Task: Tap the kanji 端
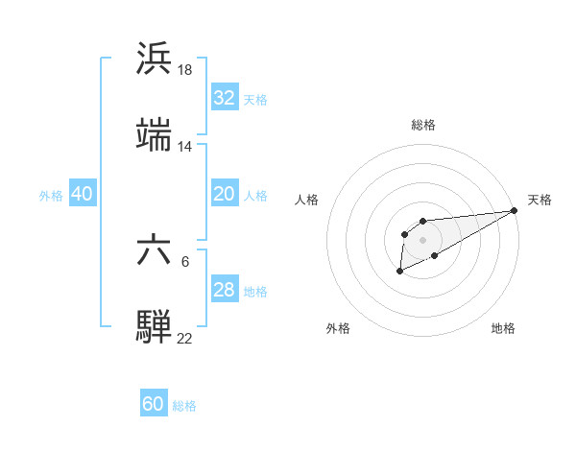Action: coord(155,136)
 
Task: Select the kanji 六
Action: coord(155,250)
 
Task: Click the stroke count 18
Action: coord(185,69)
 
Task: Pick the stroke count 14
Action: coord(185,147)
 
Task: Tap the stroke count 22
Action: coord(185,339)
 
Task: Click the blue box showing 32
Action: coord(224,98)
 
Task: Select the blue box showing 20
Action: coord(224,194)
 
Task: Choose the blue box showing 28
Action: coord(224,290)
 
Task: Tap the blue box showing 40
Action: coord(82,194)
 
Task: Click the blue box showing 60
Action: coord(154,404)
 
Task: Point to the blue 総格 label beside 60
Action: coord(184,406)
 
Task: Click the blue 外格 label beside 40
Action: coord(51,195)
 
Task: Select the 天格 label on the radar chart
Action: coord(540,200)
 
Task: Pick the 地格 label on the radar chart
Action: coord(503,328)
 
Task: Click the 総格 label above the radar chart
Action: coord(423,125)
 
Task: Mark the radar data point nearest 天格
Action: coord(514,210)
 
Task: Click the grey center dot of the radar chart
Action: coord(422,239)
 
